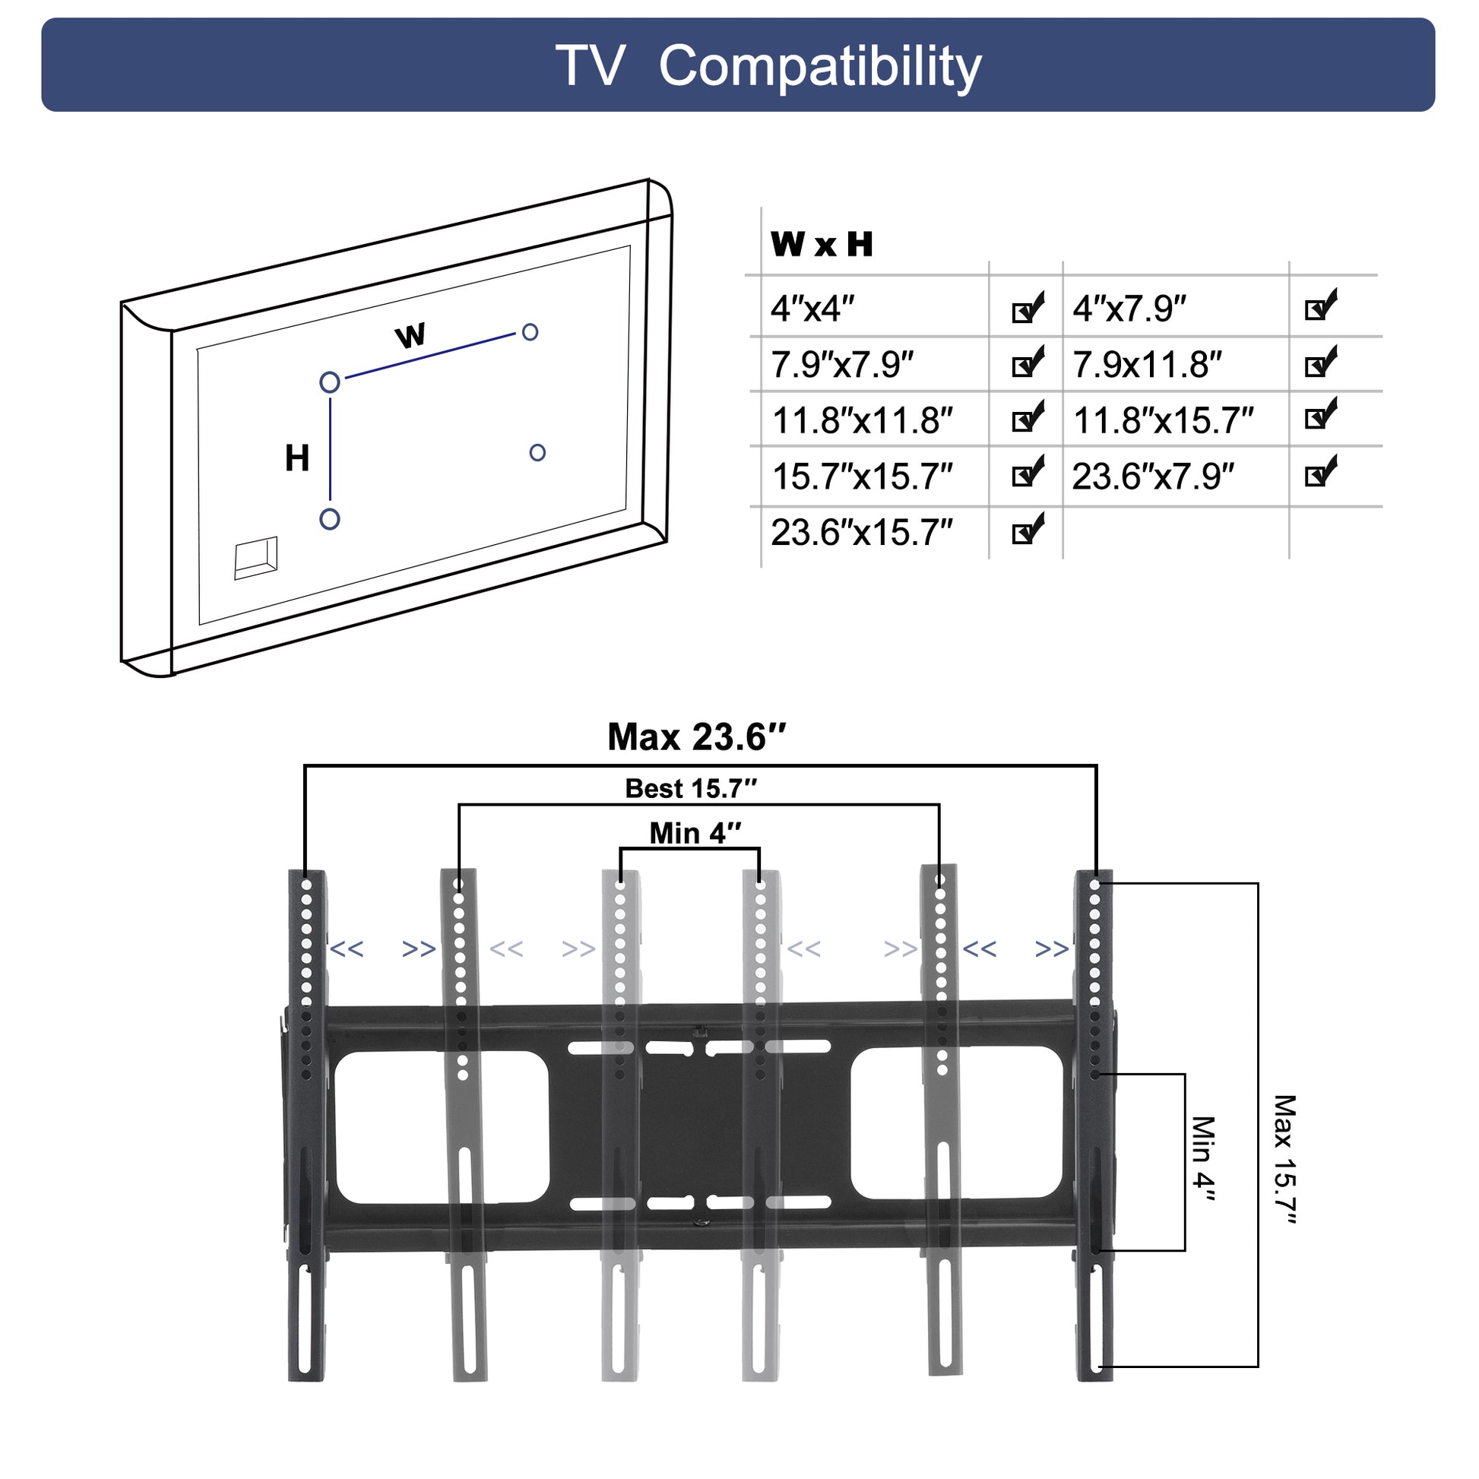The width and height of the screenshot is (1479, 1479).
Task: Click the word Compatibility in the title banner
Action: tap(819, 67)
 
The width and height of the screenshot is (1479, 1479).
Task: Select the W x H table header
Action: tap(822, 244)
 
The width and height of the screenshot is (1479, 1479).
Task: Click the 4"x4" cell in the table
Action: tap(812, 309)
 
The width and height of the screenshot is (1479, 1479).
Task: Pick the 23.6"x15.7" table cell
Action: tap(861, 532)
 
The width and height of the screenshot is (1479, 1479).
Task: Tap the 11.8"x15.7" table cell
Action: tap(1163, 420)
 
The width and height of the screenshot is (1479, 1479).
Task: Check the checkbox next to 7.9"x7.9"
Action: tap(1027, 363)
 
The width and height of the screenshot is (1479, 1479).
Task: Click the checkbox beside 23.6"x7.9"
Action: tap(1321, 472)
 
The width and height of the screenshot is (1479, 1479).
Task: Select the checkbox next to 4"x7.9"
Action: tap(1321, 306)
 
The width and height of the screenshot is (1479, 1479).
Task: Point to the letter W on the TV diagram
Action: tap(410, 335)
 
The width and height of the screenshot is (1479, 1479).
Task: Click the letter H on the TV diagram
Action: tap(297, 458)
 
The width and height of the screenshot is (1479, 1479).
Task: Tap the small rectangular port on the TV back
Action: tap(255, 557)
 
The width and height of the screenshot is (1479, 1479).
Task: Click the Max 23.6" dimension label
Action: tap(697, 737)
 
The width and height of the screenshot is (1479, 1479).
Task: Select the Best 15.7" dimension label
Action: tap(691, 788)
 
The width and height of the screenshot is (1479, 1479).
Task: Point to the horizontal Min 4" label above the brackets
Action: tap(695, 833)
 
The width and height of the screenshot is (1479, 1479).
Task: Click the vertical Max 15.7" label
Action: tap(1284, 1160)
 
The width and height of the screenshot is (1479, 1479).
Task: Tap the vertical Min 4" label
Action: tap(1202, 1158)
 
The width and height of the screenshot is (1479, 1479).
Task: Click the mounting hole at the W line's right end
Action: tap(530, 332)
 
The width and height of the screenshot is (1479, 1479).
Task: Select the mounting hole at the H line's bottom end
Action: tap(329, 519)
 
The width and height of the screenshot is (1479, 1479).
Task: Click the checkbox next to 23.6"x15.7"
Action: tap(1027, 530)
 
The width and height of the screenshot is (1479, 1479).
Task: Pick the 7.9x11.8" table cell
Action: tap(1147, 365)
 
